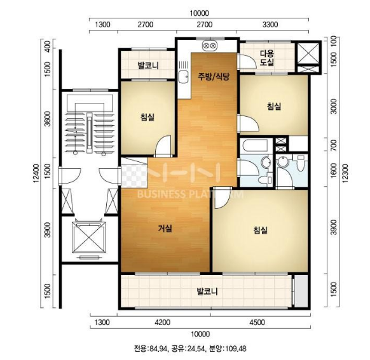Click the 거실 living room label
pyautogui.click(x=165, y=228)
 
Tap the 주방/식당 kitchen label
pyautogui.click(x=214, y=77)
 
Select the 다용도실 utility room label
pyautogui.click(x=267, y=58)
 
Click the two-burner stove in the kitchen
pyautogui.click(x=210, y=46)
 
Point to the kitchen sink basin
pyautogui.click(x=183, y=77)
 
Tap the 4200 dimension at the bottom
pyautogui.click(x=163, y=322)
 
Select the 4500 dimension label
pyautogui.click(x=257, y=322)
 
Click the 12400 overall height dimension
pyautogui.click(x=36, y=173)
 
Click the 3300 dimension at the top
pyautogui.click(x=270, y=25)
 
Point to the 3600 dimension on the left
pyautogui.click(x=48, y=119)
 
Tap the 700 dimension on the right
pyautogui.click(x=333, y=145)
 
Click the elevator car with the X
pyautogui.click(x=88, y=237)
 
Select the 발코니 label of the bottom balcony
pyautogui.click(x=207, y=292)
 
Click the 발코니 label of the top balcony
pyautogui.click(x=148, y=65)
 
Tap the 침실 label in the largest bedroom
pyautogui.click(x=260, y=230)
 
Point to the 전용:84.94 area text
pyautogui.click(x=151, y=348)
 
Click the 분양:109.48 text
pyautogui.click(x=230, y=348)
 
